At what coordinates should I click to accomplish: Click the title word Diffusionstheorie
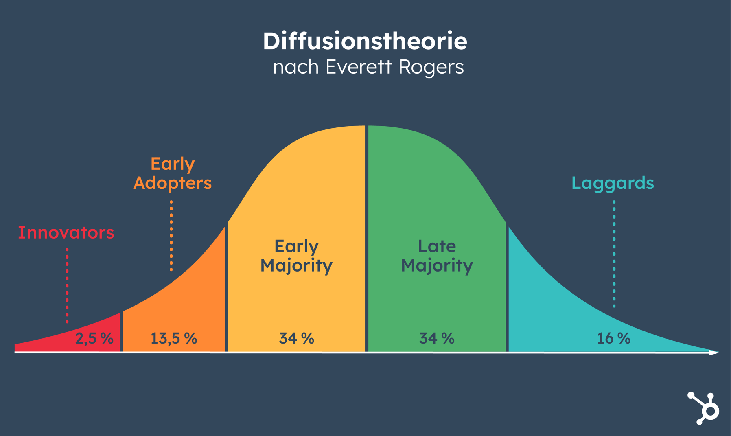pyautogui.click(x=365, y=41)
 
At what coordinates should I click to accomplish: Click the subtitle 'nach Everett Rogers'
pyautogui.click(x=368, y=67)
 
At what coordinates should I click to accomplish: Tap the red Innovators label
pyautogui.click(x=66, y=232)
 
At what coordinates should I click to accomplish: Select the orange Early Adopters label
pyautogui.click(x=172, y=173)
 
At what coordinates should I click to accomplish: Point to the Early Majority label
pyautogui.click(x=296, y=256)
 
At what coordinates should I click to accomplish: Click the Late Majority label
pyautogui.click(x=437, y=256)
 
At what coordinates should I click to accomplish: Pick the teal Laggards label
pyautogui.click(x=613, y=183)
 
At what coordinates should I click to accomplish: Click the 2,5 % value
pyautogui.click(x=94, y=338)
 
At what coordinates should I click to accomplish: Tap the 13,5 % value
pyautogui.click(x=174, y=338)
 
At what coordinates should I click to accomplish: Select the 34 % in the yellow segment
pyautogui.click(x=296, y=338)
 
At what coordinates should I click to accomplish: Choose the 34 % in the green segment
pyautogui.click(x=437, y=338)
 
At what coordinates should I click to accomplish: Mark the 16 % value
pyautogui.click(x=613, y=338)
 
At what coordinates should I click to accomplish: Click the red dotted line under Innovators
pyautogui.click(x=67, y=285)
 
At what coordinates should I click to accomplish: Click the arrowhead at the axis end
pyautogui.click(x=714, y=353)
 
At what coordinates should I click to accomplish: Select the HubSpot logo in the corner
pyautogui.click(x=704, y=408)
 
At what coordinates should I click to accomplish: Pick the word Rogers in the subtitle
pyautogui.click(x=431, y=67)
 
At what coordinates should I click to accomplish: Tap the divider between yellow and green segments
pyautogui.click(x=367, y=244)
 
